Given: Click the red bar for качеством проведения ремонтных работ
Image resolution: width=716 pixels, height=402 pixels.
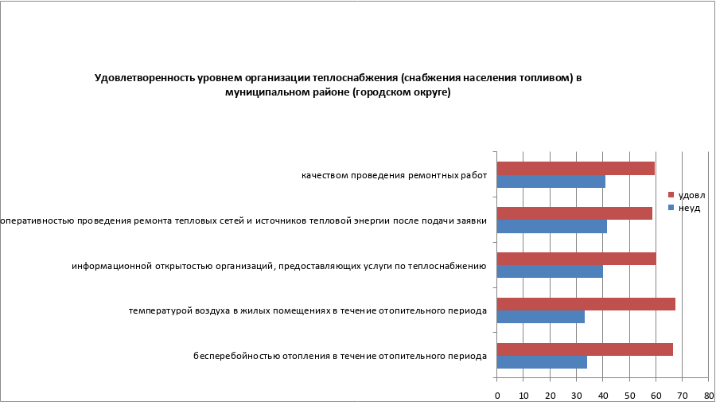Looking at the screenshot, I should [575, 168].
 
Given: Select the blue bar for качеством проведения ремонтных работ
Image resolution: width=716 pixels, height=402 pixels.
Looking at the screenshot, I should [551, 181].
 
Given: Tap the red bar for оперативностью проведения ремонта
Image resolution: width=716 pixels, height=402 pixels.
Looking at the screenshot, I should [574, 213].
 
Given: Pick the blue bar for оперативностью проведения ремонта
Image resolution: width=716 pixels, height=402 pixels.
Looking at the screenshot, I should [551, 227].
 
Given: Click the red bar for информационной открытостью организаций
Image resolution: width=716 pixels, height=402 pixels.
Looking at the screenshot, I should [576, 259].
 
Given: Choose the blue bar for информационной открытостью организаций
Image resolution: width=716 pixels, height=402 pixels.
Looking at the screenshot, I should [550, 271].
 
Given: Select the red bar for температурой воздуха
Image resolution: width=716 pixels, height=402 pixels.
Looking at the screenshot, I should [586, 304].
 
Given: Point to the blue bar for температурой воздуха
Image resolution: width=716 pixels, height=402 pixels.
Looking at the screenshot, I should [540, 317].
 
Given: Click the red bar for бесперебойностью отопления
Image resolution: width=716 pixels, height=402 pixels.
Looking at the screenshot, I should [585, 349].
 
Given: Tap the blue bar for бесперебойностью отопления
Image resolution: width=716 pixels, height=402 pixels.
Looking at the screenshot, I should [542, 362].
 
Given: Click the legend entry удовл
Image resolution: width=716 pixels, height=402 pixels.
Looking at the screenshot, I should [691, 195].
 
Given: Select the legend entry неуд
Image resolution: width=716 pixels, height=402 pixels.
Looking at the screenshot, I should [689, 207].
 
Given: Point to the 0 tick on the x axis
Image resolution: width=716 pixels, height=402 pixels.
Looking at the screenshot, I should [497, 395].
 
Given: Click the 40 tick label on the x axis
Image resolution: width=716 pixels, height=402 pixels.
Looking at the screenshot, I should [602, 395].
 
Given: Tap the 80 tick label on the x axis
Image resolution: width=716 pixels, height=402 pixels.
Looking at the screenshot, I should [708, 395].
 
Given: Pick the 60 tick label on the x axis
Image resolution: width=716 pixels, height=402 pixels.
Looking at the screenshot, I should [656, 395].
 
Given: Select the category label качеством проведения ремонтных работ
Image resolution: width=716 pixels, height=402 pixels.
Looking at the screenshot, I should [393, 175].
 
